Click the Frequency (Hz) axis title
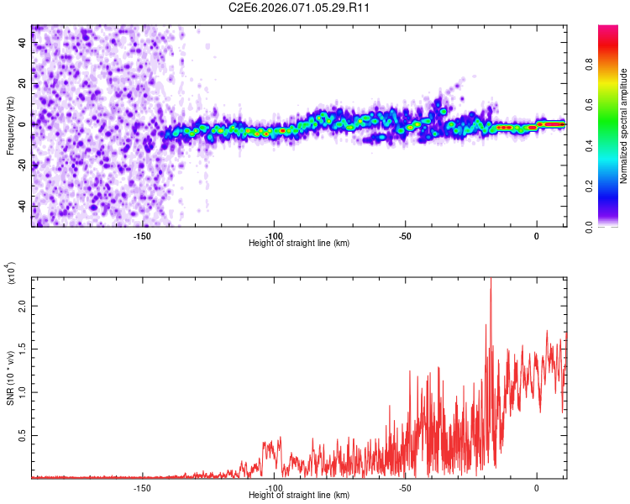click(x=10, y=125)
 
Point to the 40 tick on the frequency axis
click(x=24, y=43)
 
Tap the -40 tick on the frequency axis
click(x=24, y=207)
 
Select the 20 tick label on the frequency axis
click(x=24, y=84)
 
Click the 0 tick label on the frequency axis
click(x=24, y=124)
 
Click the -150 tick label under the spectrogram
click(x=141, y=235)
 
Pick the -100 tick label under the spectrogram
click(x=273, y=235)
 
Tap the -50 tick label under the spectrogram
click(x=405, y=235)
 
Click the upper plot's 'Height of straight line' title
click(x=299, y=244)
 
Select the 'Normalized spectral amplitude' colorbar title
click(x=623, y=125)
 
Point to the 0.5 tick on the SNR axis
click(x=24, y=434)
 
